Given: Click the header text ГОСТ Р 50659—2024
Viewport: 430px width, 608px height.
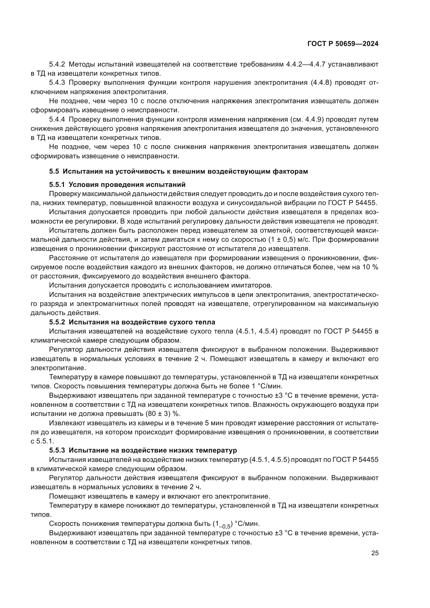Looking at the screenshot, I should point(343,44).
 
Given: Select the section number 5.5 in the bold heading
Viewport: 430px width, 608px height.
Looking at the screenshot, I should point(54,171).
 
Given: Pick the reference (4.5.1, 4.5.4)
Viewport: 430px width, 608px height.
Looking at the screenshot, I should point(256,331).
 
